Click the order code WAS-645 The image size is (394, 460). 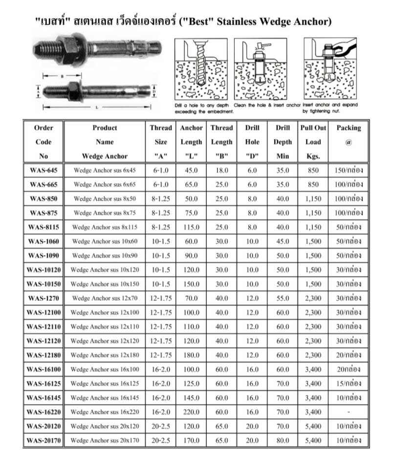point(44,170)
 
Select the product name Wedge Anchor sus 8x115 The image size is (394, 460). point(105,227)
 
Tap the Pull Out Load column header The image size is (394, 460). point(313,142)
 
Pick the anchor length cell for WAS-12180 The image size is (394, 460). point(191,355)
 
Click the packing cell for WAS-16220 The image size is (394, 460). point(349,412)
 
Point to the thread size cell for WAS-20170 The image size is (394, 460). point(161,440)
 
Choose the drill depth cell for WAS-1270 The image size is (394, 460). point(283,298)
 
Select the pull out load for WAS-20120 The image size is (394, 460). point(313,426)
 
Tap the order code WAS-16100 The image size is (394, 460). point(44,369)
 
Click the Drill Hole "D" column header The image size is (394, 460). point(252,142)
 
